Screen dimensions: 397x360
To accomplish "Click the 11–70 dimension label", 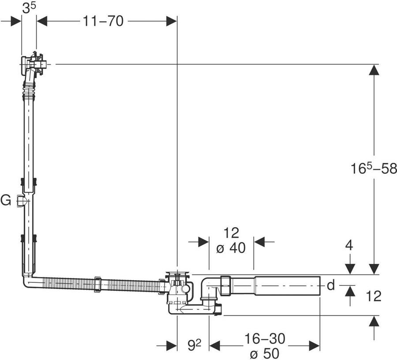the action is pos(103,21).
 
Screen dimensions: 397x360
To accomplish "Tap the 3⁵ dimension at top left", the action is pos(29,8).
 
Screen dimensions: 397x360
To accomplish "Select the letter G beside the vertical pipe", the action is pos(6,201).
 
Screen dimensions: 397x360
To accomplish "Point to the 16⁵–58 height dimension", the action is pos(374,169).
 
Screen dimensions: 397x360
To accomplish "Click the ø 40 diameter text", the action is pos(231,248).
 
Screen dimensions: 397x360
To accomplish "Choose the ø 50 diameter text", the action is pos(264,353).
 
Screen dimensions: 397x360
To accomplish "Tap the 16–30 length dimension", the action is pos(265,338).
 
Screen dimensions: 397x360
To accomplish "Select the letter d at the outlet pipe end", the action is pos(331,285).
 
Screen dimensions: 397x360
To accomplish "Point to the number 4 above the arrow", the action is pos(349,245).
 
